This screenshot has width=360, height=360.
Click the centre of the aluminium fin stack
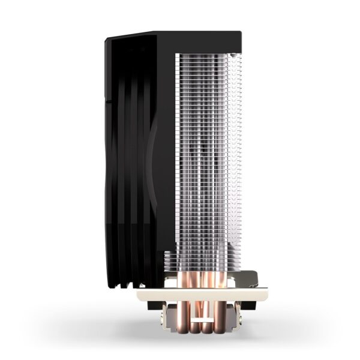pos(207,162)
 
